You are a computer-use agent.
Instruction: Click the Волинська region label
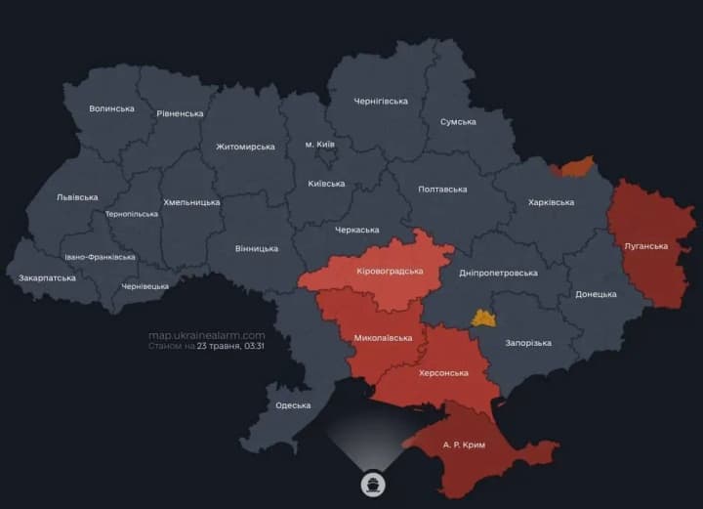point(111,108)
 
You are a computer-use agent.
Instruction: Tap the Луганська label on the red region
point(645,246)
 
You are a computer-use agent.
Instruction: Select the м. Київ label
point(319,145)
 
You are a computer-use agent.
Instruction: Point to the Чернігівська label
point(381,102)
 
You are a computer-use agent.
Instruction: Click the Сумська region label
point(458,122)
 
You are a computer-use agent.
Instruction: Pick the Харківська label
point(551,202)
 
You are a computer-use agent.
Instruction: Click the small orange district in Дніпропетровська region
point(483,318)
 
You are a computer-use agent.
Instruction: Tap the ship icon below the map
point(373,484)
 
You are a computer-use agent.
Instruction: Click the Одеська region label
point(293,404)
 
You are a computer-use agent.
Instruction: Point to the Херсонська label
point(443,373)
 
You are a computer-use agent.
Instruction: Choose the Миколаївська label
point(383,338)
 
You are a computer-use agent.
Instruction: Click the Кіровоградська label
point(391,271)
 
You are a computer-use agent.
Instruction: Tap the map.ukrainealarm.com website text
point(206,334)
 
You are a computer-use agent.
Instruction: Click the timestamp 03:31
point(255,346)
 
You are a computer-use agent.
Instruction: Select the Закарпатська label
point(47,278)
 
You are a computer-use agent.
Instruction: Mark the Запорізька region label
point(528,343)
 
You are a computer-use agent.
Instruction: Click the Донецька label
point(596,294)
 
